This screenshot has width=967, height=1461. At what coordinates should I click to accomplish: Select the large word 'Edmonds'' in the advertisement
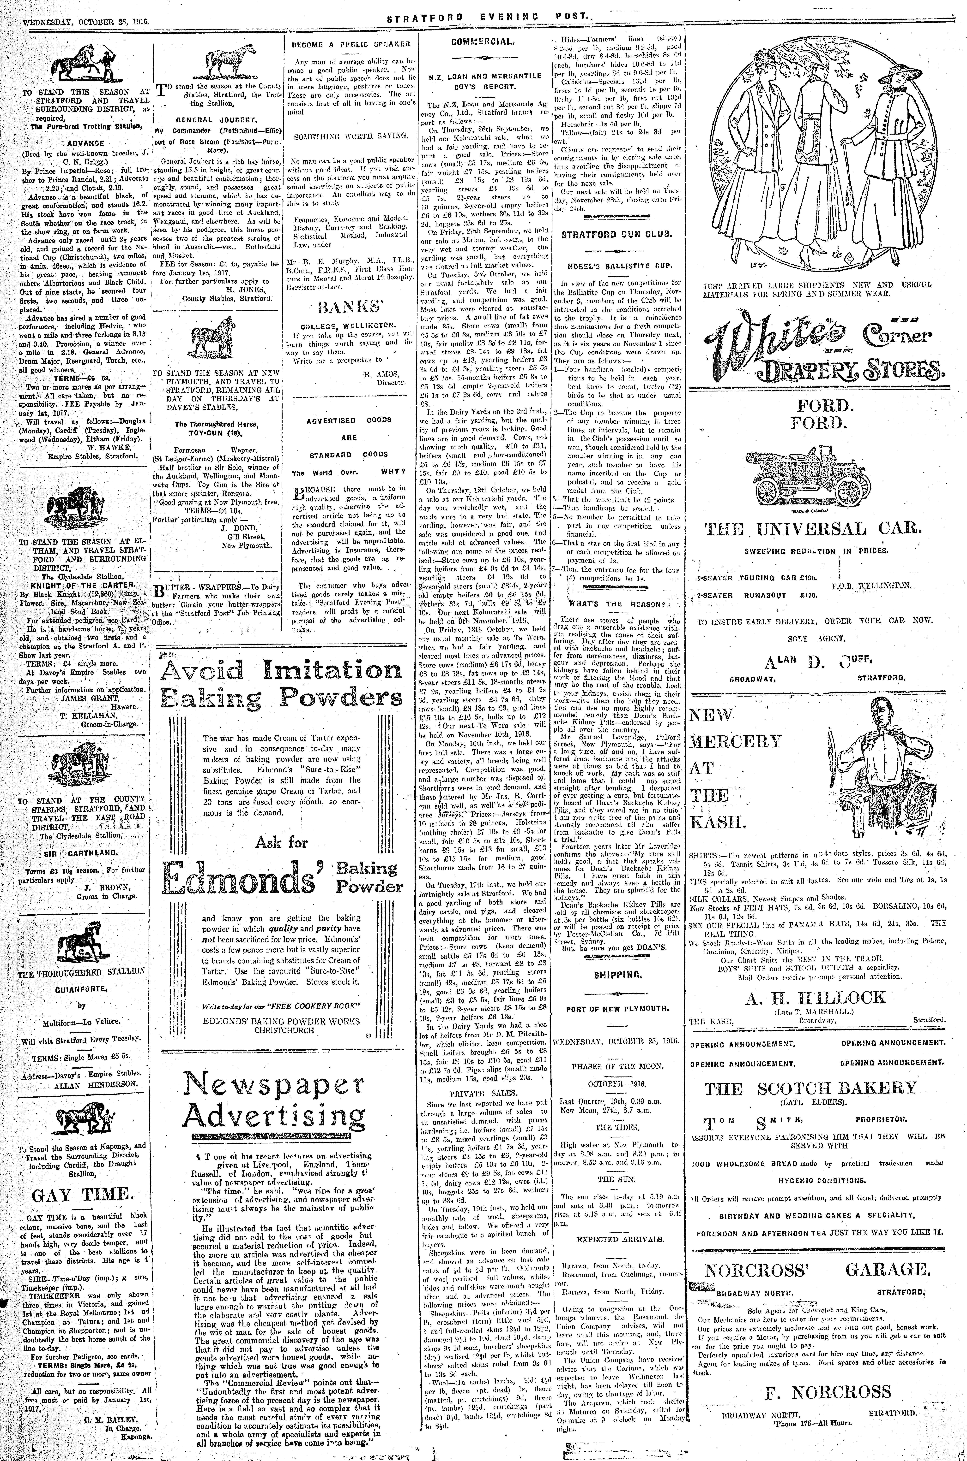tap(245, 877)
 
